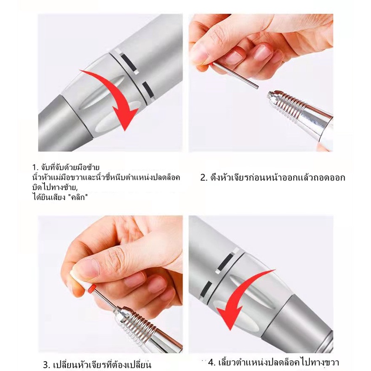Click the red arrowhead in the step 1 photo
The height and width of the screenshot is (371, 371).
click(124, 118)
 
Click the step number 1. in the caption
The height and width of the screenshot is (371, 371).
click(35, 167)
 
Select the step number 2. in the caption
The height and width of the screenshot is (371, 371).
click(204, 178)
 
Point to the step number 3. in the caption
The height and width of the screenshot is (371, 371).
click(47, 365)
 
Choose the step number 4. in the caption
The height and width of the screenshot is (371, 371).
click(212, 363)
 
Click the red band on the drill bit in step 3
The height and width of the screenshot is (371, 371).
click(91, 288)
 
